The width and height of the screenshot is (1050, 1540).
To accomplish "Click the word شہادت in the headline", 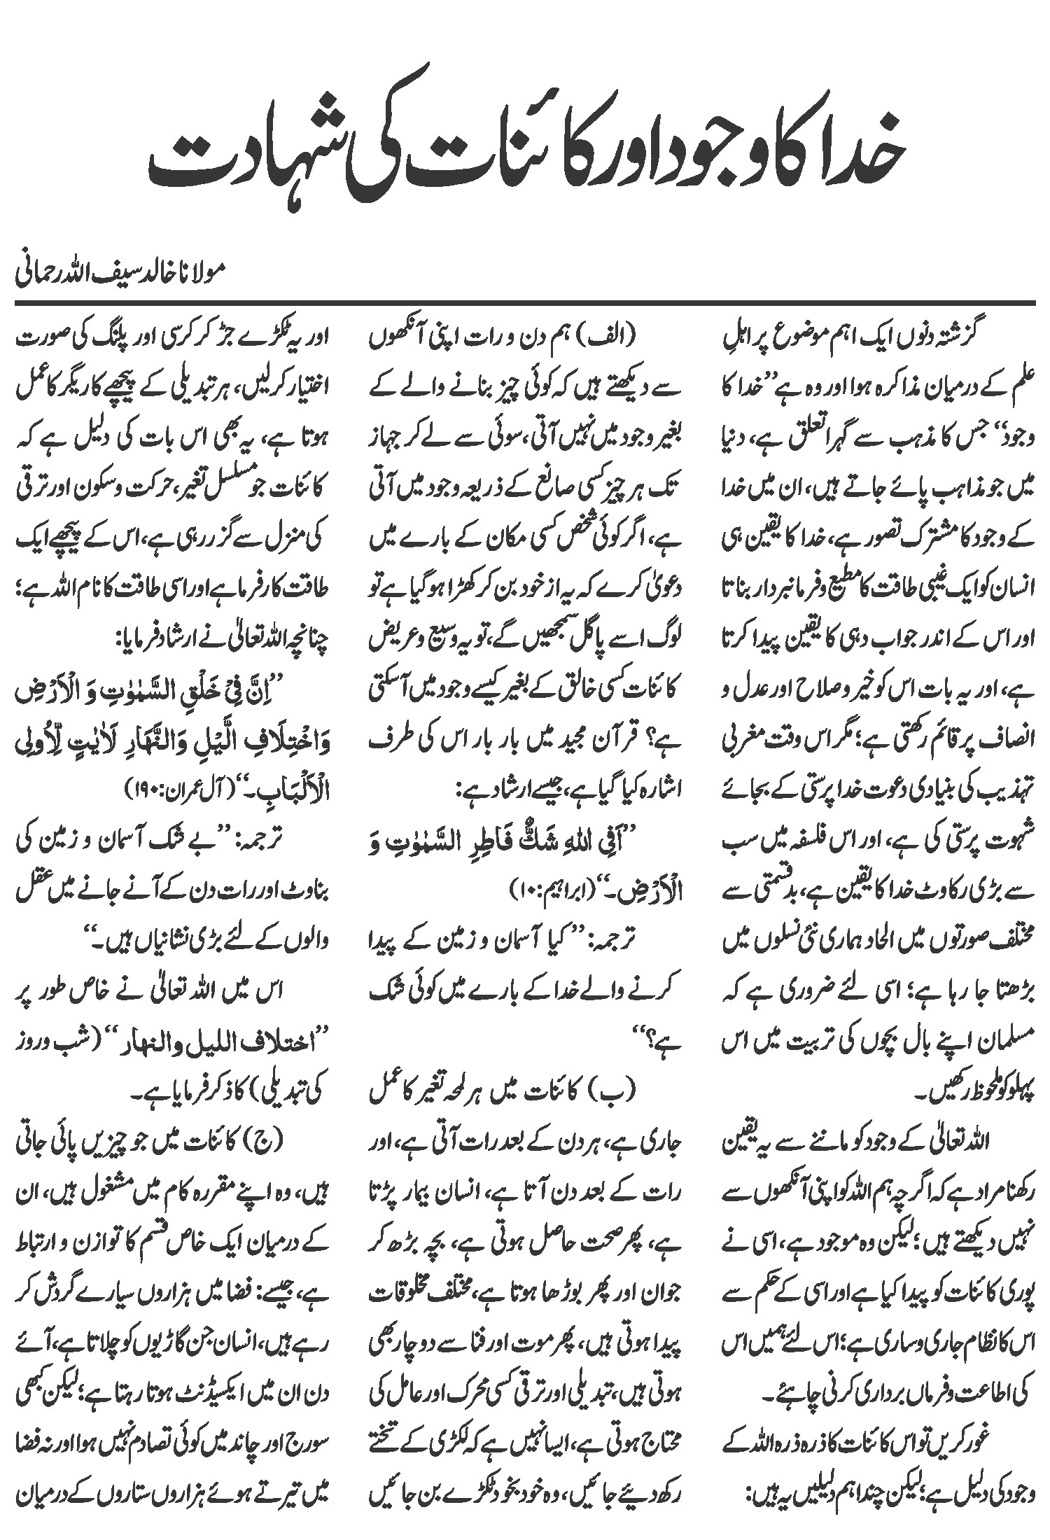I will [x=238, y=157].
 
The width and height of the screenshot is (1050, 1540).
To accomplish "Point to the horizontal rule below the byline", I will [x=525, y=302].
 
